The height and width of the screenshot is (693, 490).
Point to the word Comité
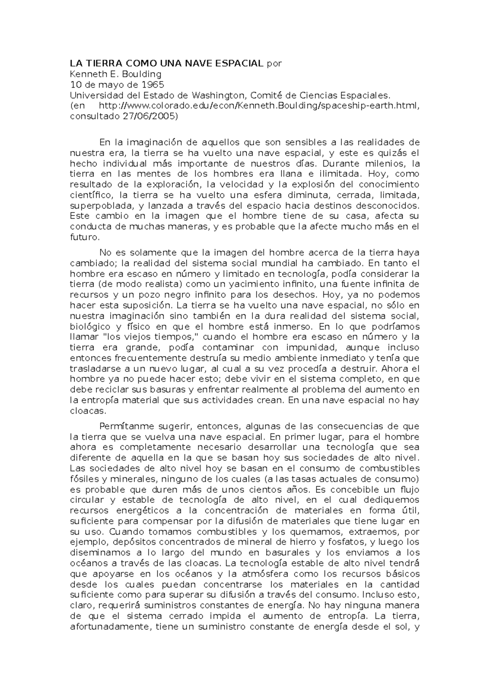click(265, 96)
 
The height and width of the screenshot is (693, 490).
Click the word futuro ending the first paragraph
click(84, 237)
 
